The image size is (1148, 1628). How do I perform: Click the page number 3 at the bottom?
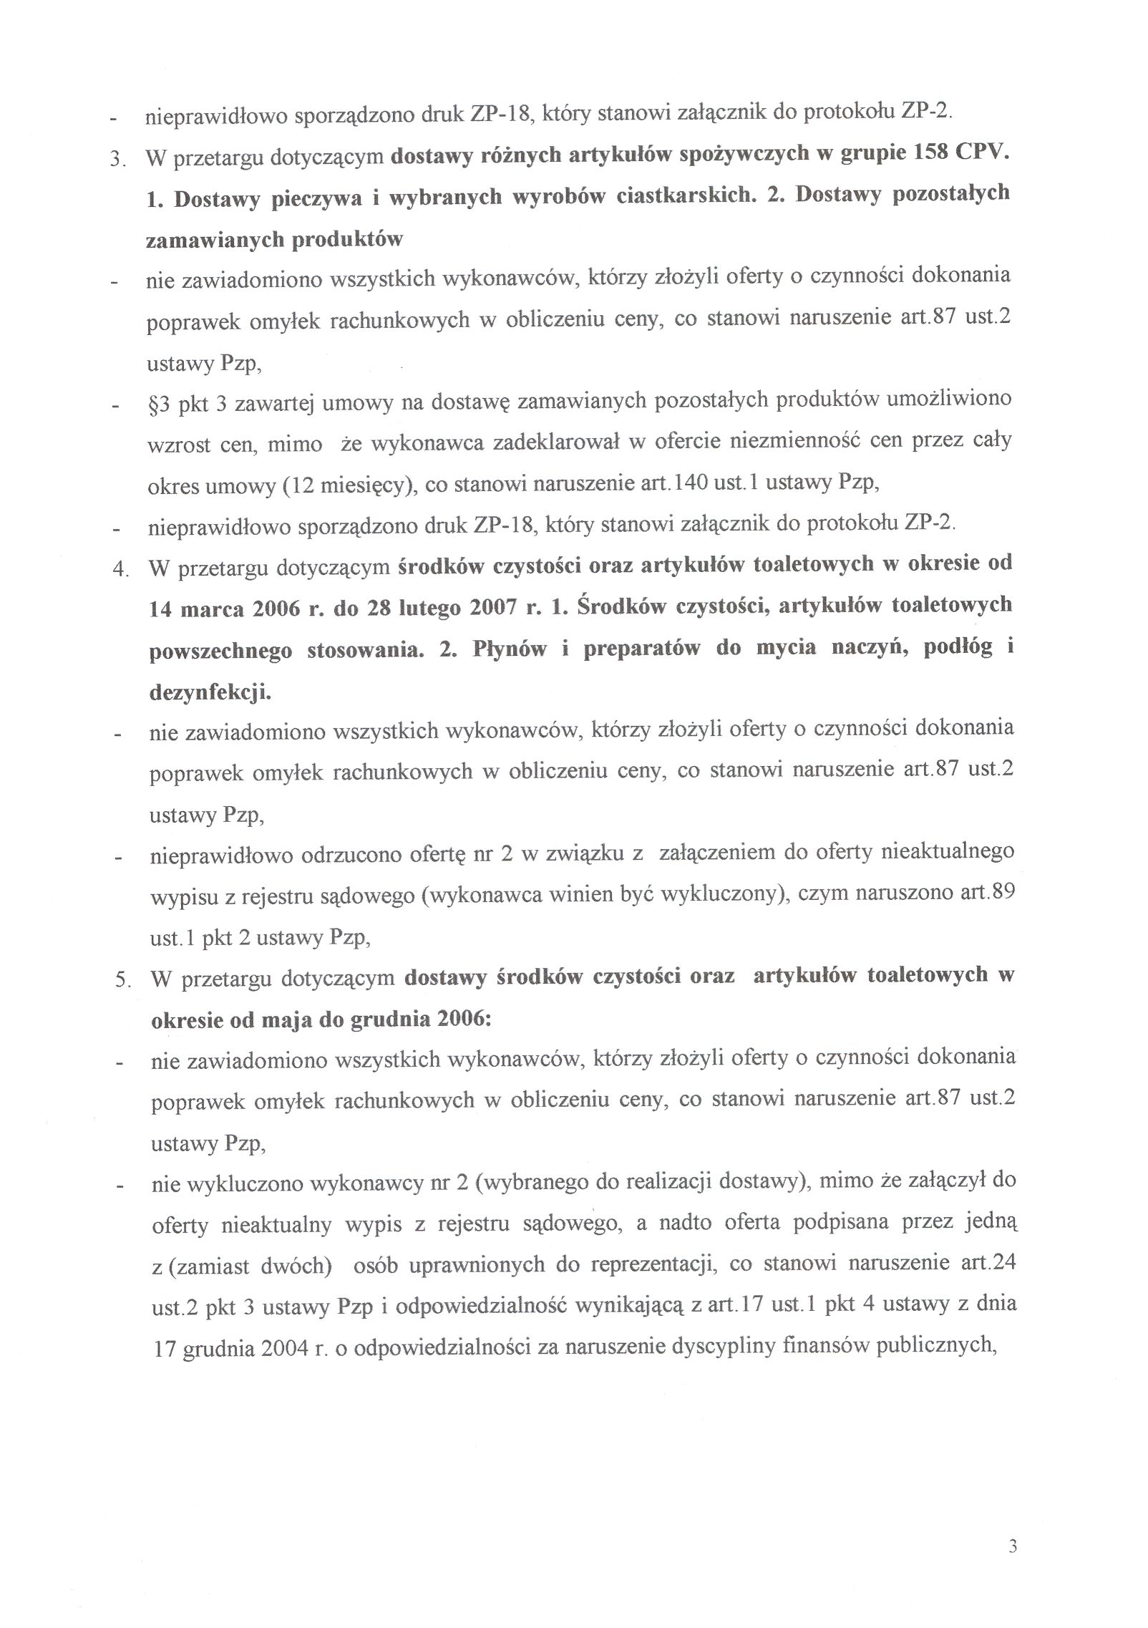pyautogui.click(x=1012, y=1546)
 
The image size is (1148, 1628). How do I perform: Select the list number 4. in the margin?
pyautogui.click(x=120, y=571)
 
